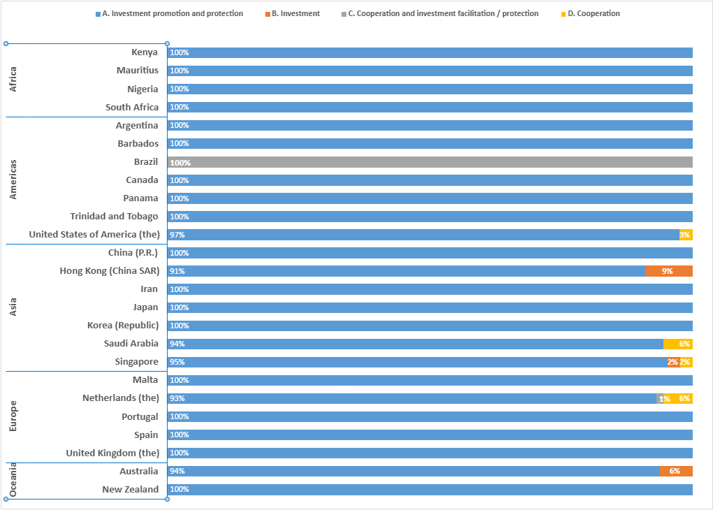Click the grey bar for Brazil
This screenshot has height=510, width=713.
(430, 162)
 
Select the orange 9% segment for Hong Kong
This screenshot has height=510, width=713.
(668, 271)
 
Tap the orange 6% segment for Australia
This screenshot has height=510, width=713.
(676, 471)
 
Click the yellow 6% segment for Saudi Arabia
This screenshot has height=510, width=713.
(678, 344)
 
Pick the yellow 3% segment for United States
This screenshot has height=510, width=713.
(686, 235)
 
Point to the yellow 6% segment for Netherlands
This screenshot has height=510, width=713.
(683, 398)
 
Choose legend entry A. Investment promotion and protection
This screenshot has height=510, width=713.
(170, 13)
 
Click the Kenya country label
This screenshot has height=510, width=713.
(145, 52)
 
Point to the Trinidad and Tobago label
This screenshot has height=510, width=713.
(114, 217)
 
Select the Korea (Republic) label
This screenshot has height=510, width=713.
(123, 326)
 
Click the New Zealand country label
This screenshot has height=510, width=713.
(130, 490)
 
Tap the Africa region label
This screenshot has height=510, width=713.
(13, 80)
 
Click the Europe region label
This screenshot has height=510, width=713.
(13, 416)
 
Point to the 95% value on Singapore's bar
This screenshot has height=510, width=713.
(177, 362)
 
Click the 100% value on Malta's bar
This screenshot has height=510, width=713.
(179, 380)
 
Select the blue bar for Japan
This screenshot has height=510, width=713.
(430, 307)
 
